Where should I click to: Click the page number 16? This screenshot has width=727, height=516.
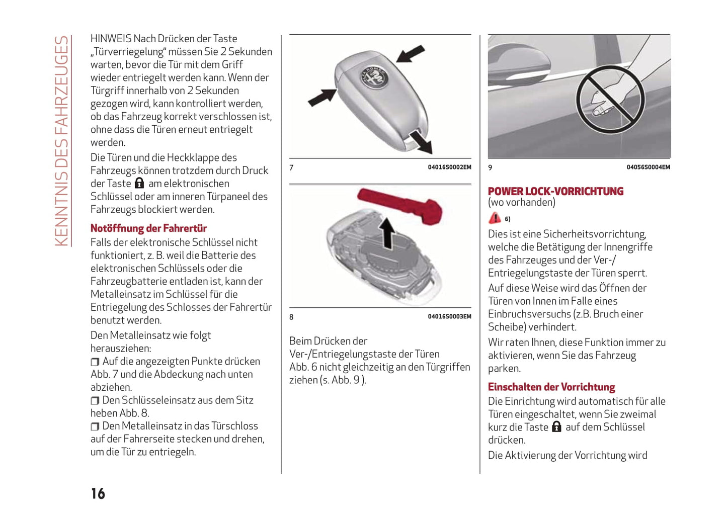pos(98,493)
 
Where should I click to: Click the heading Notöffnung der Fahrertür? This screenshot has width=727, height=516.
pos(148,228)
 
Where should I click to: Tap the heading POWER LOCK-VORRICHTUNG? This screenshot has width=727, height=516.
pos(555,191)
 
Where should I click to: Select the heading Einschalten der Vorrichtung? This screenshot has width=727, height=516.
pos(551,387)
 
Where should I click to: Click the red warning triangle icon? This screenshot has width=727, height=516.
pos(495,218)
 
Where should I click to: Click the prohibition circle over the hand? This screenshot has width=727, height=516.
pos(610,100)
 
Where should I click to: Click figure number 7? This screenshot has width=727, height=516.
pos(291,167)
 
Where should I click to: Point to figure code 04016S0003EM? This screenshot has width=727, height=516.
pos(449,317)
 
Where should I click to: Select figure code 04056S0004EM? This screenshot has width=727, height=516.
pos(648,167)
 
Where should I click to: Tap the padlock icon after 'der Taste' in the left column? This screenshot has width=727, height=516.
pos(139,184)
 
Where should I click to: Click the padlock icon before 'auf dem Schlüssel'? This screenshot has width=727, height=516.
pos(556,427)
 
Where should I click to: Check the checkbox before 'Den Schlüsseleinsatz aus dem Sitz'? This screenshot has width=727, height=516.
pos(95,401)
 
